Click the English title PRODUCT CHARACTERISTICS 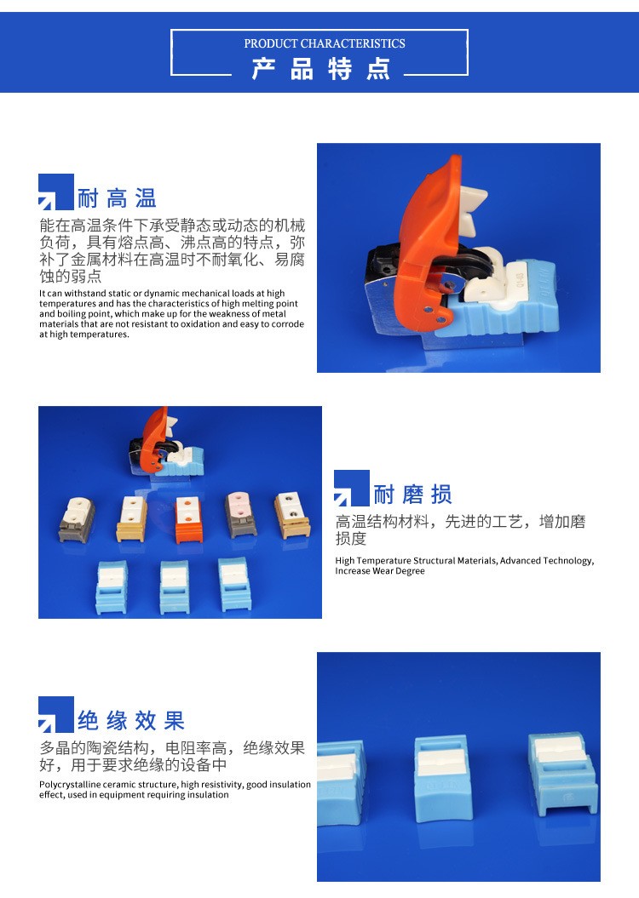(325, 43)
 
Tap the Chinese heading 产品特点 (321, 69)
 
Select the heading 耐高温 (117, 198)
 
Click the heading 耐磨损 (412, 495)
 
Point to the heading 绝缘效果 (131, 720)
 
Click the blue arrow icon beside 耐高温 (55, 192)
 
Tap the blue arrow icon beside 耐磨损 (351, 488)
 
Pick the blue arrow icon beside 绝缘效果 (55, 714)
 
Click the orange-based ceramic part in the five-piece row (188, 519)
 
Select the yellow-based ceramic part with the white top (131, 519)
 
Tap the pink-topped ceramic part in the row (242, 514)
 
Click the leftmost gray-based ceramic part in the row (77, 520)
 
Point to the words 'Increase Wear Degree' (380, 571)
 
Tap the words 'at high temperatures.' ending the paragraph (84, 335)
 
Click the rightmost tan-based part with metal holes (291, 516)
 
